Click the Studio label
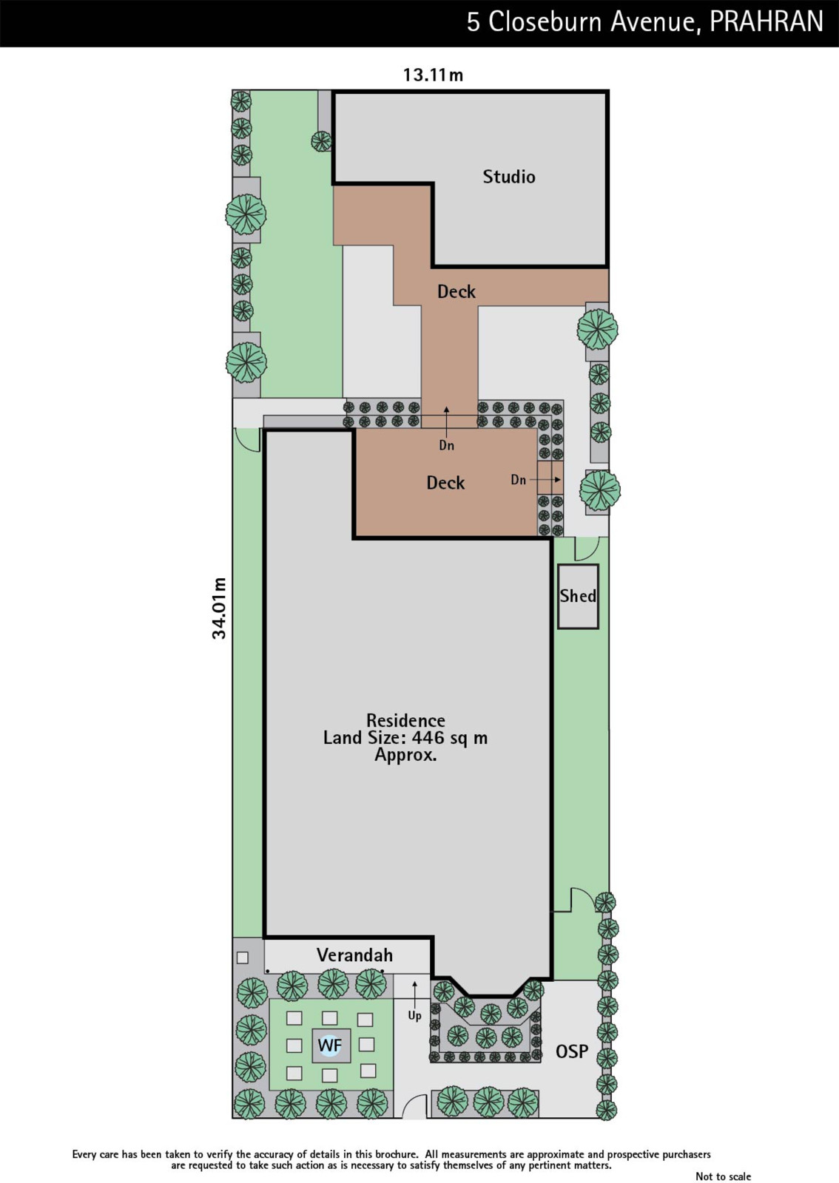tap(509, 177)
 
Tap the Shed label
tap(578, 596)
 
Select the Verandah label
tap(354, 955)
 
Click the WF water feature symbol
tap(330, 1045)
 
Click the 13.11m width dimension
tap(433, 75)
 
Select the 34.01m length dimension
tap(219, 608)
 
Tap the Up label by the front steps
tap(415, 1016)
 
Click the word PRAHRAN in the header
tap(766, 22)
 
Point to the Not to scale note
tap(723, 1176)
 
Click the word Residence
tap(405, 720)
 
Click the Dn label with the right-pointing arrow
tap(519, 480)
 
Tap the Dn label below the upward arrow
tap(446, 445)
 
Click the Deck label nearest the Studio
tap(456, 291)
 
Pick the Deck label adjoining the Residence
tap(446, 483)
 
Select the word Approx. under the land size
tap(405, 755)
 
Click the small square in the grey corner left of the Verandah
tap(243, 957)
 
